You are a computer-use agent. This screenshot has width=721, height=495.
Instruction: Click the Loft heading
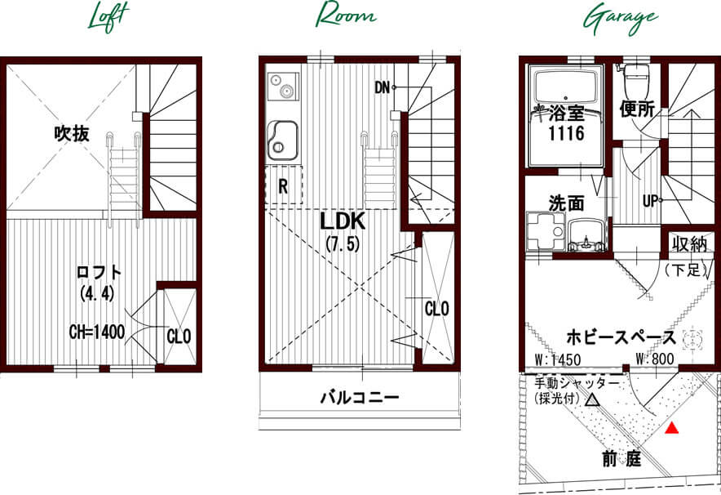[x=108, y=17]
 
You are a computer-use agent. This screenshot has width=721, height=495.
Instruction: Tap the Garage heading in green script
[x=621, y=20]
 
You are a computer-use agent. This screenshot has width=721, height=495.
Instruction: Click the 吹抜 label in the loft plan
[x=72, y=133]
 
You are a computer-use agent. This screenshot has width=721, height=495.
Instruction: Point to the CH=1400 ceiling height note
[x=96, y=332]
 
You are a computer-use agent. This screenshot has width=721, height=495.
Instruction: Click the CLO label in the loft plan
[x=179, y=337]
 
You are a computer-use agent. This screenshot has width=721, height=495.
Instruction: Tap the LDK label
[x=343, y=221]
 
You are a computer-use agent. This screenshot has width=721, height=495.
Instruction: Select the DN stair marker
[x=382, y=87]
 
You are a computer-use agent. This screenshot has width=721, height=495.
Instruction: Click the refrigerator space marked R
[x=284, y=185]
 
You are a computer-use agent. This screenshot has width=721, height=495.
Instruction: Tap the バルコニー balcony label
[x=360, y=397]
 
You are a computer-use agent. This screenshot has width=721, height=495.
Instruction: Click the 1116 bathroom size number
[x=566, y=133]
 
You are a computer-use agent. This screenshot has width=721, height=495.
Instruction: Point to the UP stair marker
[x=650, y=201]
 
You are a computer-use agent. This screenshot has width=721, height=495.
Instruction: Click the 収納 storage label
[x=689, y=244]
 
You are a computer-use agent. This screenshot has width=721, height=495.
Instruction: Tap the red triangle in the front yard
[x=672, y=428]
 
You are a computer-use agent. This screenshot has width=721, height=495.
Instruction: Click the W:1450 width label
[x=558, y=359]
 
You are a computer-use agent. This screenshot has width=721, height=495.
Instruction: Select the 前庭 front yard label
[x=621, y=458]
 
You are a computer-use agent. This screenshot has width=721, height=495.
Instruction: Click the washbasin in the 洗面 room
[x=586, y=235]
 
